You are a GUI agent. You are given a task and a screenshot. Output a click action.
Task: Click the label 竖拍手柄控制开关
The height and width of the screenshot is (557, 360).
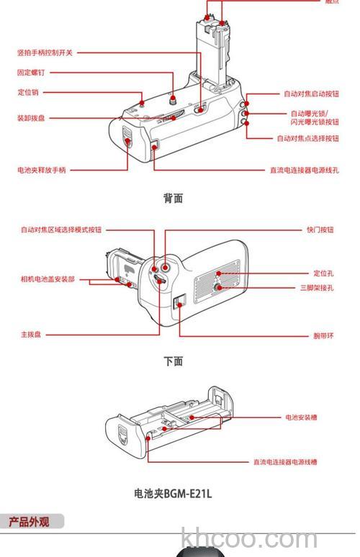(45, 53)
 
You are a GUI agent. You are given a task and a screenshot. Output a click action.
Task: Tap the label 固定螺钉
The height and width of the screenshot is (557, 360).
(32, 73)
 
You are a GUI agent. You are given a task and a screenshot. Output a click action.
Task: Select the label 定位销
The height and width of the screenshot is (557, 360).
(28, 92)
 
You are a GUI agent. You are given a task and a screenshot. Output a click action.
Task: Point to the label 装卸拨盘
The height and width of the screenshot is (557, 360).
(31, 118)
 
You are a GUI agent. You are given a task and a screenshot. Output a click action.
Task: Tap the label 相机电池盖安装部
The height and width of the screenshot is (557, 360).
(48, 279)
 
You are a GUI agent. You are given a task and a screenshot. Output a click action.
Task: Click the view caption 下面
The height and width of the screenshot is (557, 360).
(173, 361)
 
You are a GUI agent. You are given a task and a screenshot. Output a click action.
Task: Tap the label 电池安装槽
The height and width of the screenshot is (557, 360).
(302, 417)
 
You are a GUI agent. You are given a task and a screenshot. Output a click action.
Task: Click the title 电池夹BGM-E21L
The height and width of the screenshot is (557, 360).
(173, 494)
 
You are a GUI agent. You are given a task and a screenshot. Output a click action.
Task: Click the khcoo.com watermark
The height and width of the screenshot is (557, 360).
(249, 539)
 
